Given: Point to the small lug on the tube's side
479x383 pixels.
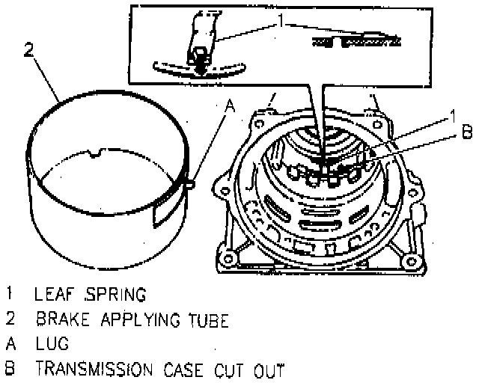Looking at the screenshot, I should (191, 182).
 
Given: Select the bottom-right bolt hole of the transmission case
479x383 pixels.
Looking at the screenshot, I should (410, 262).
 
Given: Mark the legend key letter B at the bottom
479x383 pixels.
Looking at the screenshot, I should (10, 370).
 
